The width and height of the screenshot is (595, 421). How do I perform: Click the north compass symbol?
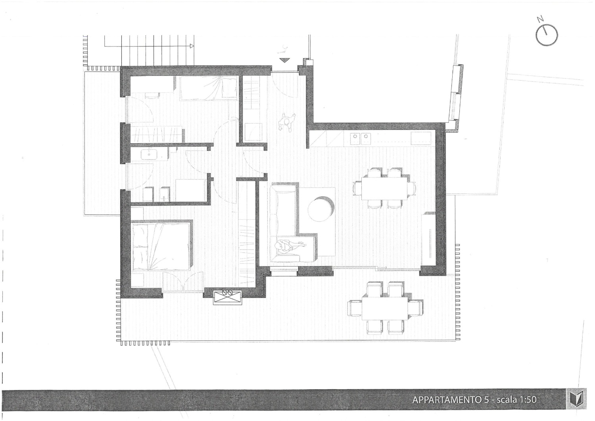[546, 36]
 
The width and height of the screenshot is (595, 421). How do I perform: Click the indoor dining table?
[384, 188]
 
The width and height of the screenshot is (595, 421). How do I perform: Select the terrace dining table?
[385, 308]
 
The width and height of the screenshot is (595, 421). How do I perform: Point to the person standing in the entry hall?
[286, 123]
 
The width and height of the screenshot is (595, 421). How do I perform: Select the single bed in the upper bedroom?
[209, 88]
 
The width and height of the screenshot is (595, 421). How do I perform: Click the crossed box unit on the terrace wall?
[227, 297]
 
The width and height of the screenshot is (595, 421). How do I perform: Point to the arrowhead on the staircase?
[192, 46]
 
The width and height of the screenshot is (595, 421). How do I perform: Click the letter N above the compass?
[540, 19]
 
